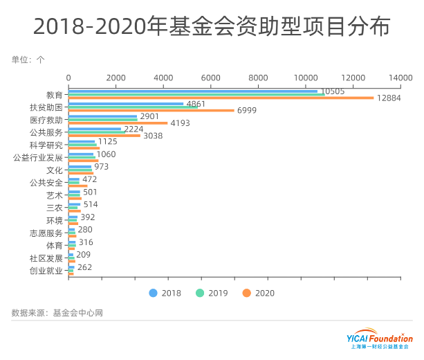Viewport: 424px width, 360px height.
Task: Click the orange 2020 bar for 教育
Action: pyautogui.click(x=221, y=98)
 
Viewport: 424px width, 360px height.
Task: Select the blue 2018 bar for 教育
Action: pyautogui.click(x=193, y=91)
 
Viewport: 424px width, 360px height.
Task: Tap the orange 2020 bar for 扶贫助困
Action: pyautogui.click(x=151, y=110)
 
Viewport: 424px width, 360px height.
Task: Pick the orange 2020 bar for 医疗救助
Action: pyautogui.click(x=118, y=123)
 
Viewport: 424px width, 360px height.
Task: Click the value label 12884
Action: pyautogui.click(x=389, y=98)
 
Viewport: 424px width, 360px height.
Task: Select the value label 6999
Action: pyautogui.click(x=247, y=111)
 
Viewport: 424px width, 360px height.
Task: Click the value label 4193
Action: pyautogui.click(x=181, y=123)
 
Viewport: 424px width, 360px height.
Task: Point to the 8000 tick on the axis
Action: pyautogui.click(x=258, y=77)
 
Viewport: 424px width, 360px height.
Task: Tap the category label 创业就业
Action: pyautogui.click(x=46, y=271)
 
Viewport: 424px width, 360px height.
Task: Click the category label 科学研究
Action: pyautogui.click(x=46, y=145)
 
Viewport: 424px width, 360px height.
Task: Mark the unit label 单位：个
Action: pyautogui.click(x=28, y=60)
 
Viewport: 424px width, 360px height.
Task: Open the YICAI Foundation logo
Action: pyautogui.click(x=379, y=341)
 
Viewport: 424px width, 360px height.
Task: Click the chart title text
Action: pyautogui.click(x=212, y=26)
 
